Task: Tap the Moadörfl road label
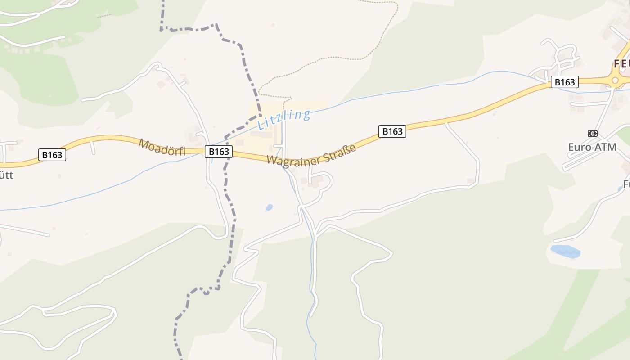point(162,147)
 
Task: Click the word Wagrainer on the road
point(295,158)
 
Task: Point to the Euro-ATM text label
point(592,147)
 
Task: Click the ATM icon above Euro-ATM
point(593,134)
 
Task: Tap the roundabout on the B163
point(615,80)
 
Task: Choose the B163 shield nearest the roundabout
point(564,82)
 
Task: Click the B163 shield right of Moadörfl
point(219,152)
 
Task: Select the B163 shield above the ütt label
point(52,155)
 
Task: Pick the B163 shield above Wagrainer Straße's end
point(392,131)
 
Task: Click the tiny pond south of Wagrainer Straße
point(269,207)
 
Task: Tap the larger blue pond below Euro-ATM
point(565,251)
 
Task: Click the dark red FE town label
point(621,64)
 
